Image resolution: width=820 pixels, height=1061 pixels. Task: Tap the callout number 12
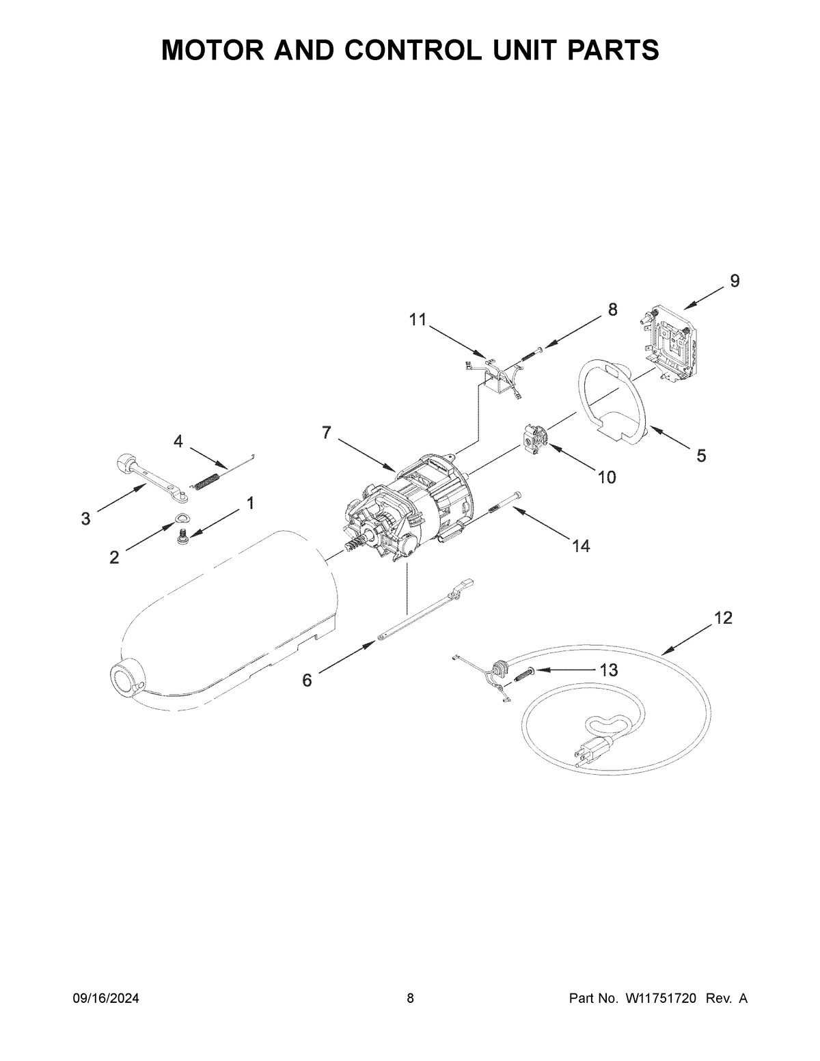(x=723, y=618)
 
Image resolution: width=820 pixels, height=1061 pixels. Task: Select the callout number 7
(x=326, y=432)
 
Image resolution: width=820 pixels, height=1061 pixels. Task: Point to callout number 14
(x=582, y=546)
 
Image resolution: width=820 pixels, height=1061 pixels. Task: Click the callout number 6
(x=307, y=680)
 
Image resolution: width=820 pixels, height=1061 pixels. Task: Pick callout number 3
(x=85, y=519)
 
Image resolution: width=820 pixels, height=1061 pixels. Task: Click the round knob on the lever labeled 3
(x=124, y=463)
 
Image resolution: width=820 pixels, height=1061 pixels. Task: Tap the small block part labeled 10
(x=534, y=439)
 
